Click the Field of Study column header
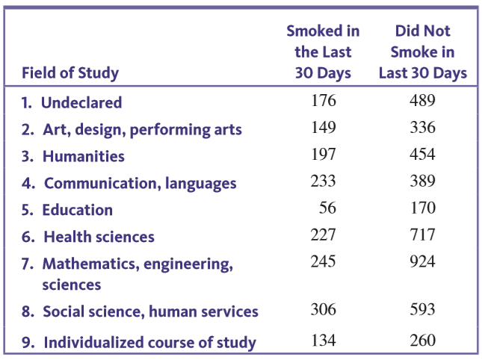(69, 73)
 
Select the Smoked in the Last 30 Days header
(323, 52)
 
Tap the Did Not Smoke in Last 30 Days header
(422, 52)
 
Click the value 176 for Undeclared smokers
(324, 101)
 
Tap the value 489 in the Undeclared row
(422, 101)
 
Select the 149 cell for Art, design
(324, 128)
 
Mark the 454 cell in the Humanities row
(422, 155)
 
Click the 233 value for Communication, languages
(324, 181)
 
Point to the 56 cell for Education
(327, 208)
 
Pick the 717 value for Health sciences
(422, 235)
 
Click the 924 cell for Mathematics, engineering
(422, 262)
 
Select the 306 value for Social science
(324, 310)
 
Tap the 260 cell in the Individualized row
(422, 341)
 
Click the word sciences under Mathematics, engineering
(71, 285)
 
